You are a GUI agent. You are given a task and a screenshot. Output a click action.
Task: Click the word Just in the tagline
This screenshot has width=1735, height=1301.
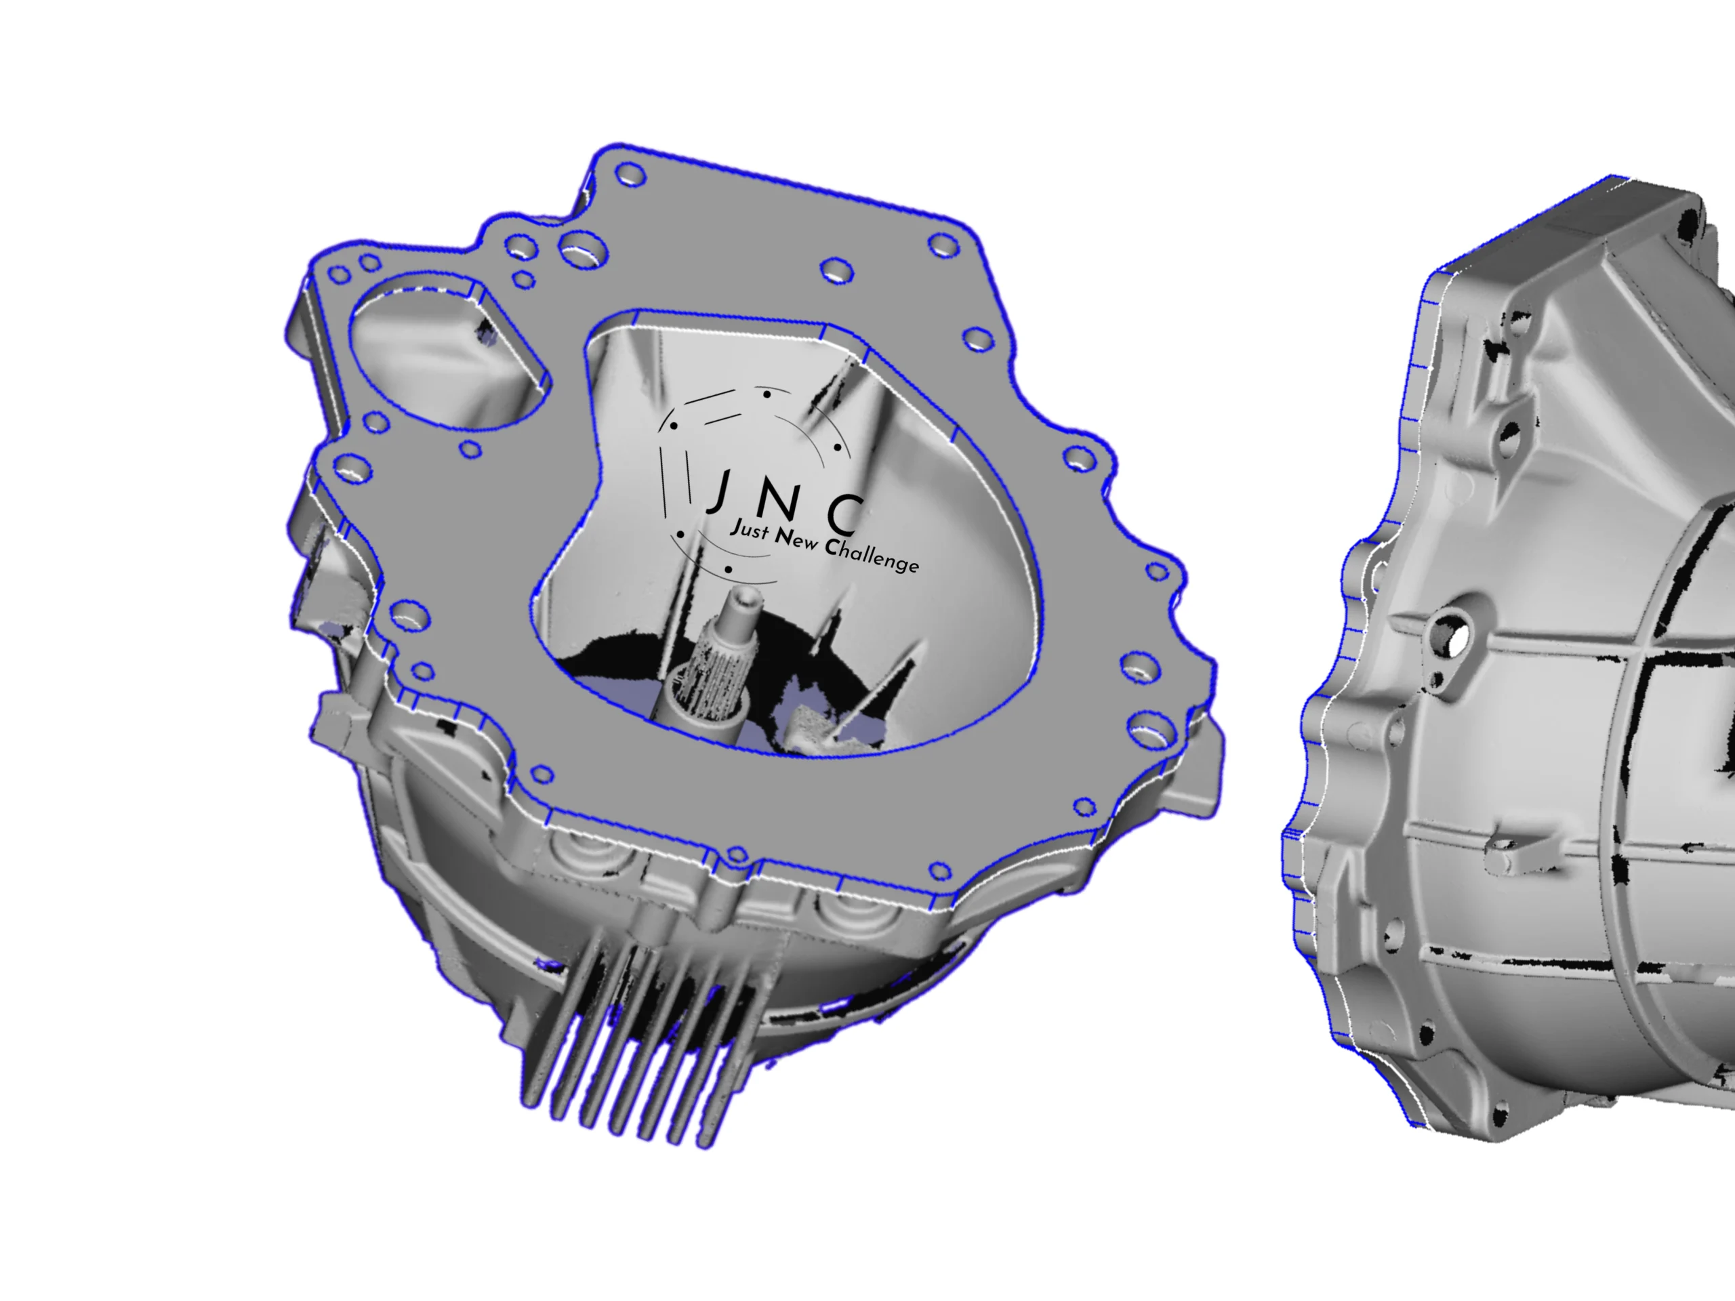tap(748, 529)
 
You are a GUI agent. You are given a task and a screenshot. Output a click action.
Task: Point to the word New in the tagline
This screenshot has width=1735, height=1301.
tap(796, 538)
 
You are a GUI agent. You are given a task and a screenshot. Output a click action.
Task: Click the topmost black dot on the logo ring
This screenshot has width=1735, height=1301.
tap(767, 394)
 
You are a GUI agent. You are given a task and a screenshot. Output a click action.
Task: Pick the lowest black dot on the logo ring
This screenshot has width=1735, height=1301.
tap(729, 569)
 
